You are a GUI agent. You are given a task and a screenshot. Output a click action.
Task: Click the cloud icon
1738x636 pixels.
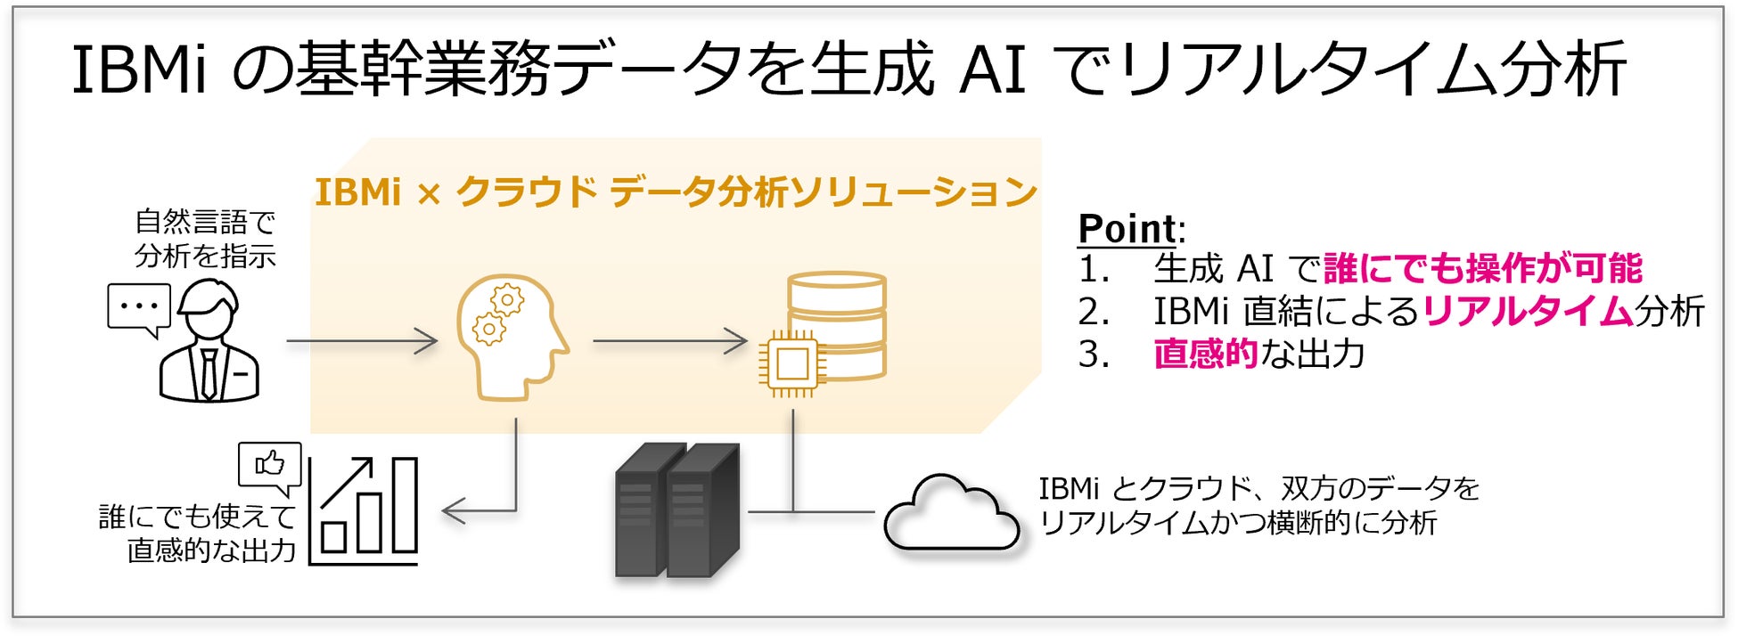(951, 515)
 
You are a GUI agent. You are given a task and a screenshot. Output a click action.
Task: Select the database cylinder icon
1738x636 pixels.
(837, 312)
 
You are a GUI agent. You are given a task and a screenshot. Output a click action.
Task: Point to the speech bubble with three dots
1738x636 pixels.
(138, 308)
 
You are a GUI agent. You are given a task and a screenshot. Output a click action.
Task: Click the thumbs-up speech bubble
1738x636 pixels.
(269, 466)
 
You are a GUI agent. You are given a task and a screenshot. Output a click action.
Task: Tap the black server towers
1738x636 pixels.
(676, 511)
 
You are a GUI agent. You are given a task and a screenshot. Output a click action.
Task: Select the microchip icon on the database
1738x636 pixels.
(791, 363)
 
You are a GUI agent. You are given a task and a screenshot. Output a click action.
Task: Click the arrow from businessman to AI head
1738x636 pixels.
(362, 340)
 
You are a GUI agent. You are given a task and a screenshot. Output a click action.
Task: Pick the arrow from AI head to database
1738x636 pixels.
(669, 340)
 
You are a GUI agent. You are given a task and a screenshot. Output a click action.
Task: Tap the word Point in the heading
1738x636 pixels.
(1127, 229)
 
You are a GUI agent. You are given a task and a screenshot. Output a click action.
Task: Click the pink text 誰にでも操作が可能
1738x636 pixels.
(1483, 268)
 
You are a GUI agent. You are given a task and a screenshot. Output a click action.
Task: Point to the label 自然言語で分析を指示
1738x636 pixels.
(205, 239)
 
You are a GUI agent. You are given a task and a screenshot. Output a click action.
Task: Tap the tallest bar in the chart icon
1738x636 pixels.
(405, 505)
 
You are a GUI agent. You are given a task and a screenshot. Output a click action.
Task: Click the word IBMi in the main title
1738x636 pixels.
(138, 69)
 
